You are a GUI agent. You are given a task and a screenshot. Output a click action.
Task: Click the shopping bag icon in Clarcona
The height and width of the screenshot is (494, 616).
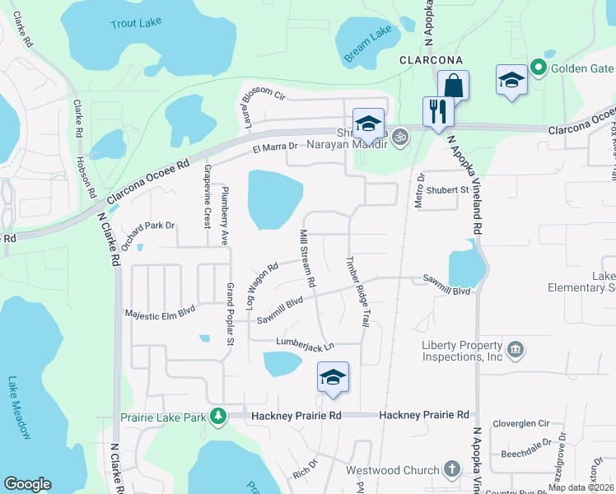pos(453,85)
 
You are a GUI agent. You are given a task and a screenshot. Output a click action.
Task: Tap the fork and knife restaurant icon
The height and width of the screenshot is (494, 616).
pos(437,110)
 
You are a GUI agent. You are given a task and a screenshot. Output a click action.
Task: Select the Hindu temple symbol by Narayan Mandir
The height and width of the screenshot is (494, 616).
pos(401,136)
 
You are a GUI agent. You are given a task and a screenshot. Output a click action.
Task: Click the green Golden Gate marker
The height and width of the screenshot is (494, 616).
pos(539,66)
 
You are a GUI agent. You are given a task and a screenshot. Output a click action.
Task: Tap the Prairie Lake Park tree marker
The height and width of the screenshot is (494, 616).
pos(217,417)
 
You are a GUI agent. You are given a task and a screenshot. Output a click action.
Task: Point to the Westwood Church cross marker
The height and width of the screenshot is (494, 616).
pos(450,470)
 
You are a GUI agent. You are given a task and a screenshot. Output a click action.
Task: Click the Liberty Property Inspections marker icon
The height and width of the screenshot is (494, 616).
pos(516,350)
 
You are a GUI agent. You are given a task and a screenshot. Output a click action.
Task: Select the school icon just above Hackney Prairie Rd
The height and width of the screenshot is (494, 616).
pos(333,377)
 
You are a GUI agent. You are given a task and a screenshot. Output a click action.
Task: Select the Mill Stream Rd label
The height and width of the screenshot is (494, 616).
pos(307,259)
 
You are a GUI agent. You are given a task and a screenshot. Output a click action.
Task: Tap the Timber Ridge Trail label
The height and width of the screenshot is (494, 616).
pos(356,293)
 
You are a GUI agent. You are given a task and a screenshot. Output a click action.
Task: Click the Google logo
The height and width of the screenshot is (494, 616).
pos(27,484)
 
